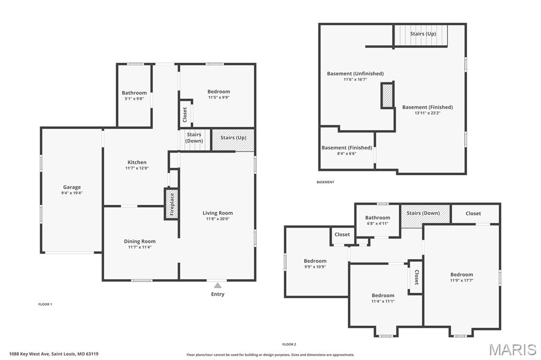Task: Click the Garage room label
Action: pos(72,187)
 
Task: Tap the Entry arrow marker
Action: pos(217,286)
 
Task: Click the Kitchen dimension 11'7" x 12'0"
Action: pos(137,168)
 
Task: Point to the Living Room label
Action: pos(218,213)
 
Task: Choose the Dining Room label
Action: pos(139,241)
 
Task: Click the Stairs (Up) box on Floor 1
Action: pos(233,139)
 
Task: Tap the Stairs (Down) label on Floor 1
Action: pos(194,138)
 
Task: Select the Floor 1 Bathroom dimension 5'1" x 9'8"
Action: pos(134,99)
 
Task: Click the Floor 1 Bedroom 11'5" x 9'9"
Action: pos(218,94)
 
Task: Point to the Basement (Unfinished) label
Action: pos(355,73)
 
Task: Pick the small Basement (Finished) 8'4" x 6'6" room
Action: pos(347,150)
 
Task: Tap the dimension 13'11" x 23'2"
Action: pos(427,113)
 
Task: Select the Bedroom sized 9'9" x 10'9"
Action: pos(315,264)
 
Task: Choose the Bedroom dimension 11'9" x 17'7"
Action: pos(461,280)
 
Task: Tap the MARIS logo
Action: pos(512,349)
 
